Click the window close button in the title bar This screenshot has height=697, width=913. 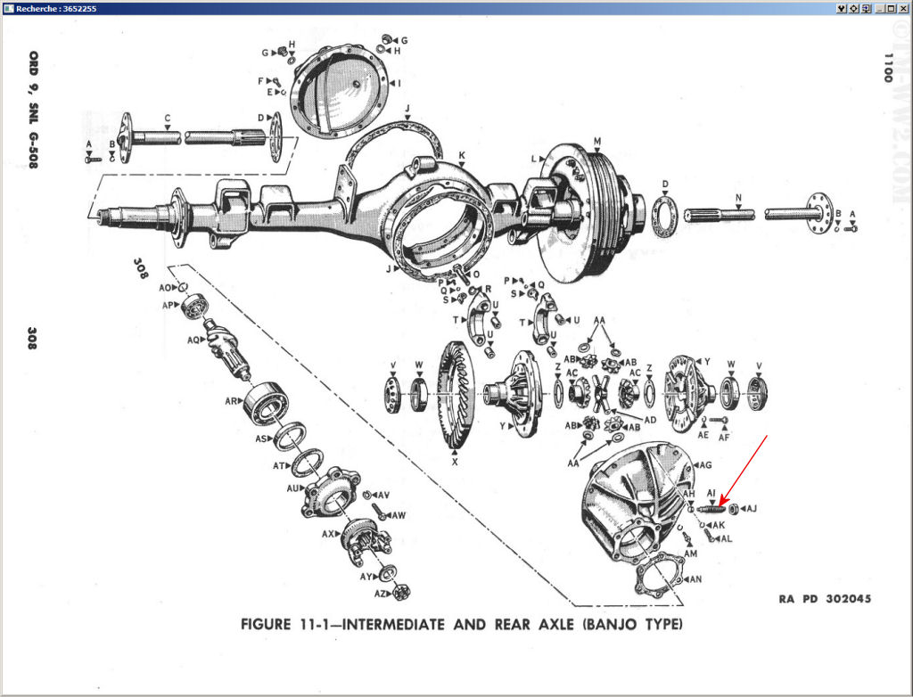pos(904,7)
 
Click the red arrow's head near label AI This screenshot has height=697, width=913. pos(722,504)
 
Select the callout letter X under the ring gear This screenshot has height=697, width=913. pos(455,463)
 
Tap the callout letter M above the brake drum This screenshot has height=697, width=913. pos(596,141)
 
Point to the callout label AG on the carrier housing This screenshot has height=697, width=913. pos(705,464)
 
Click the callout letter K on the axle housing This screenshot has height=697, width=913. pos(462,156)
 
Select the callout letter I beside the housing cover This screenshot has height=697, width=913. pos(399,83)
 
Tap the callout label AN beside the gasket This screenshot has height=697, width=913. pos(695,578)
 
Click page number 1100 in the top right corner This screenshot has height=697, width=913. pos(887,67)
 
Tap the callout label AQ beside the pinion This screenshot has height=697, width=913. pos(193,340)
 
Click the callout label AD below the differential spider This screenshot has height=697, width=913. pos(650,419)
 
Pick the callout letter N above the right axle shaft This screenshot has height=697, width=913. pos(738,197)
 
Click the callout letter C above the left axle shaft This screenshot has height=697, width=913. pos(167,118)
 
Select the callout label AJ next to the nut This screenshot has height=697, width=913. pos(751,509)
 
